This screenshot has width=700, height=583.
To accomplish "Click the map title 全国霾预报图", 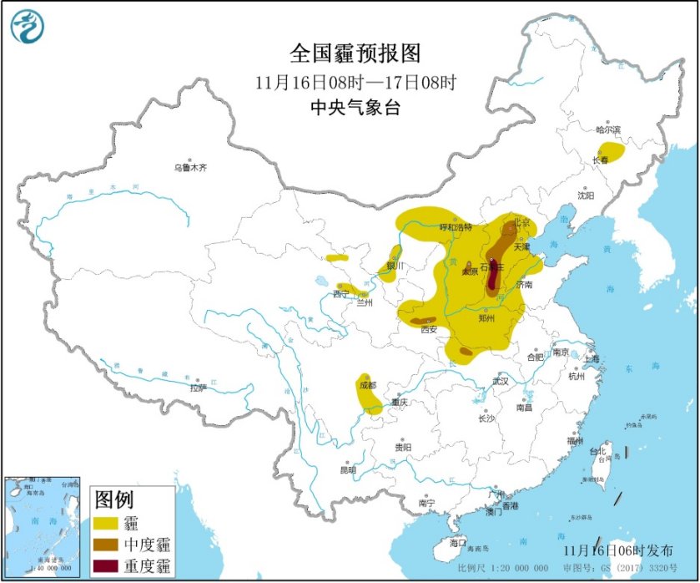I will click(x=355, y=54).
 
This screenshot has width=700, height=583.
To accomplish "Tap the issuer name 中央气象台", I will click(x=355, y=107).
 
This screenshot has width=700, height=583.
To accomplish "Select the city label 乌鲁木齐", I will click(x=189, y=168).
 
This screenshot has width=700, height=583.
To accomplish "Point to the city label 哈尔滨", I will click(x=608, y=129).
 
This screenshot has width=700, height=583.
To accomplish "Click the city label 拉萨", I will click(x=197, y=388).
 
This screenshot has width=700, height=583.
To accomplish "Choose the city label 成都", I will click(x=367, y=386).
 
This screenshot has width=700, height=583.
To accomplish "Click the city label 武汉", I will click(x=500, y=381).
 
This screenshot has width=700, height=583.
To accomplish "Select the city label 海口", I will click(x=458, y=543).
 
